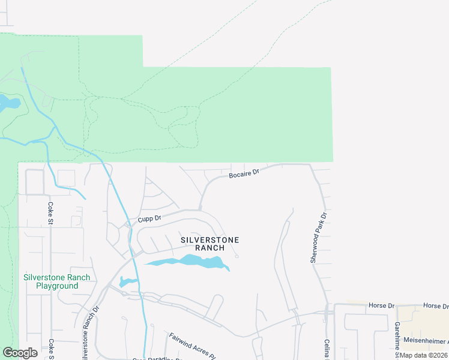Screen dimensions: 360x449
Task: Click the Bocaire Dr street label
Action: point(244,173)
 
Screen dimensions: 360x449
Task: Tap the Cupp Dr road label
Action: point(149,219)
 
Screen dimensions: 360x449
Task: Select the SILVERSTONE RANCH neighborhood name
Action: point(210,244)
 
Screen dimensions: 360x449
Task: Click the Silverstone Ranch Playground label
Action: point(56,281)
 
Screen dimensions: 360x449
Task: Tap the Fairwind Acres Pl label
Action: point(191,345)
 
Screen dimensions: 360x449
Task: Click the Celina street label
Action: point(328,347)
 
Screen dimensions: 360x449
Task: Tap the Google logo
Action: point(20,353)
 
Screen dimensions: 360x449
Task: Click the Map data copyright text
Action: point(424,355)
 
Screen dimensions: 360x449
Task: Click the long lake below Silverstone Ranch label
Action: point(189,262)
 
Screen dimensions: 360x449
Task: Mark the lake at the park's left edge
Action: point(8,103)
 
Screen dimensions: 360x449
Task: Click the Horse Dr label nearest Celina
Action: point(382,305)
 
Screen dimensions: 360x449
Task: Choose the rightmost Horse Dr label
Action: point(435,305)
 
